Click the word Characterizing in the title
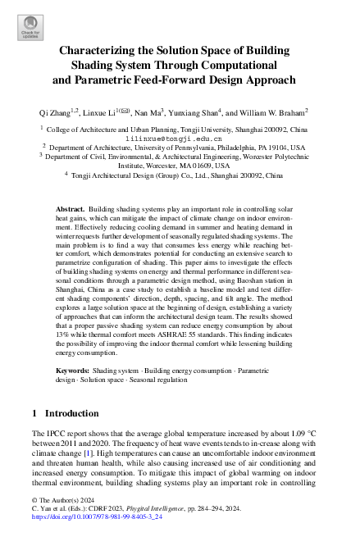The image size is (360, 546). [x=102, y=49]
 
